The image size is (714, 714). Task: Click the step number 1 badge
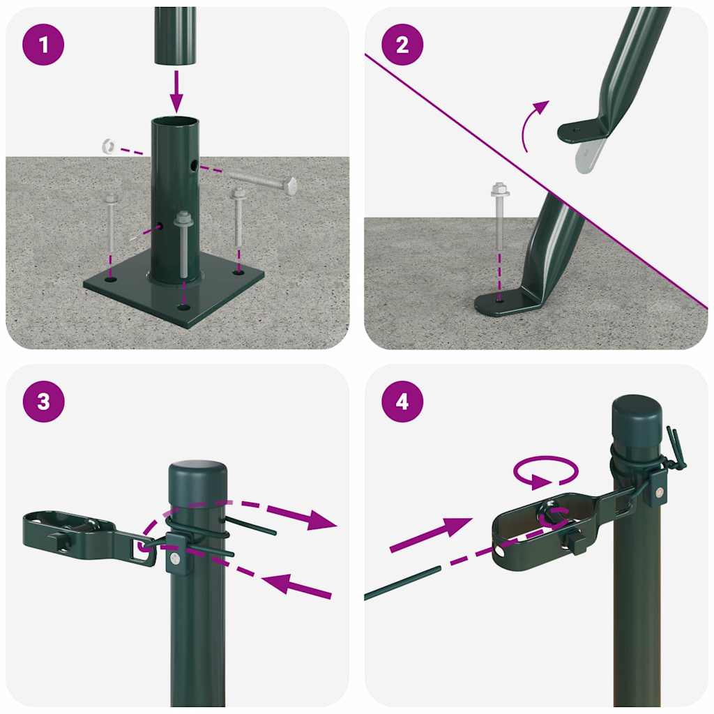(44, 45)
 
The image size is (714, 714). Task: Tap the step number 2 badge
(402, 45)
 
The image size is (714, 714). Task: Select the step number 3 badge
(44, 402)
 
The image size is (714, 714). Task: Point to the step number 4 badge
(402, 402)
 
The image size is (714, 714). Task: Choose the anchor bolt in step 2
(499, 216)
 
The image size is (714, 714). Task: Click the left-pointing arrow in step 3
(293, 586)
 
